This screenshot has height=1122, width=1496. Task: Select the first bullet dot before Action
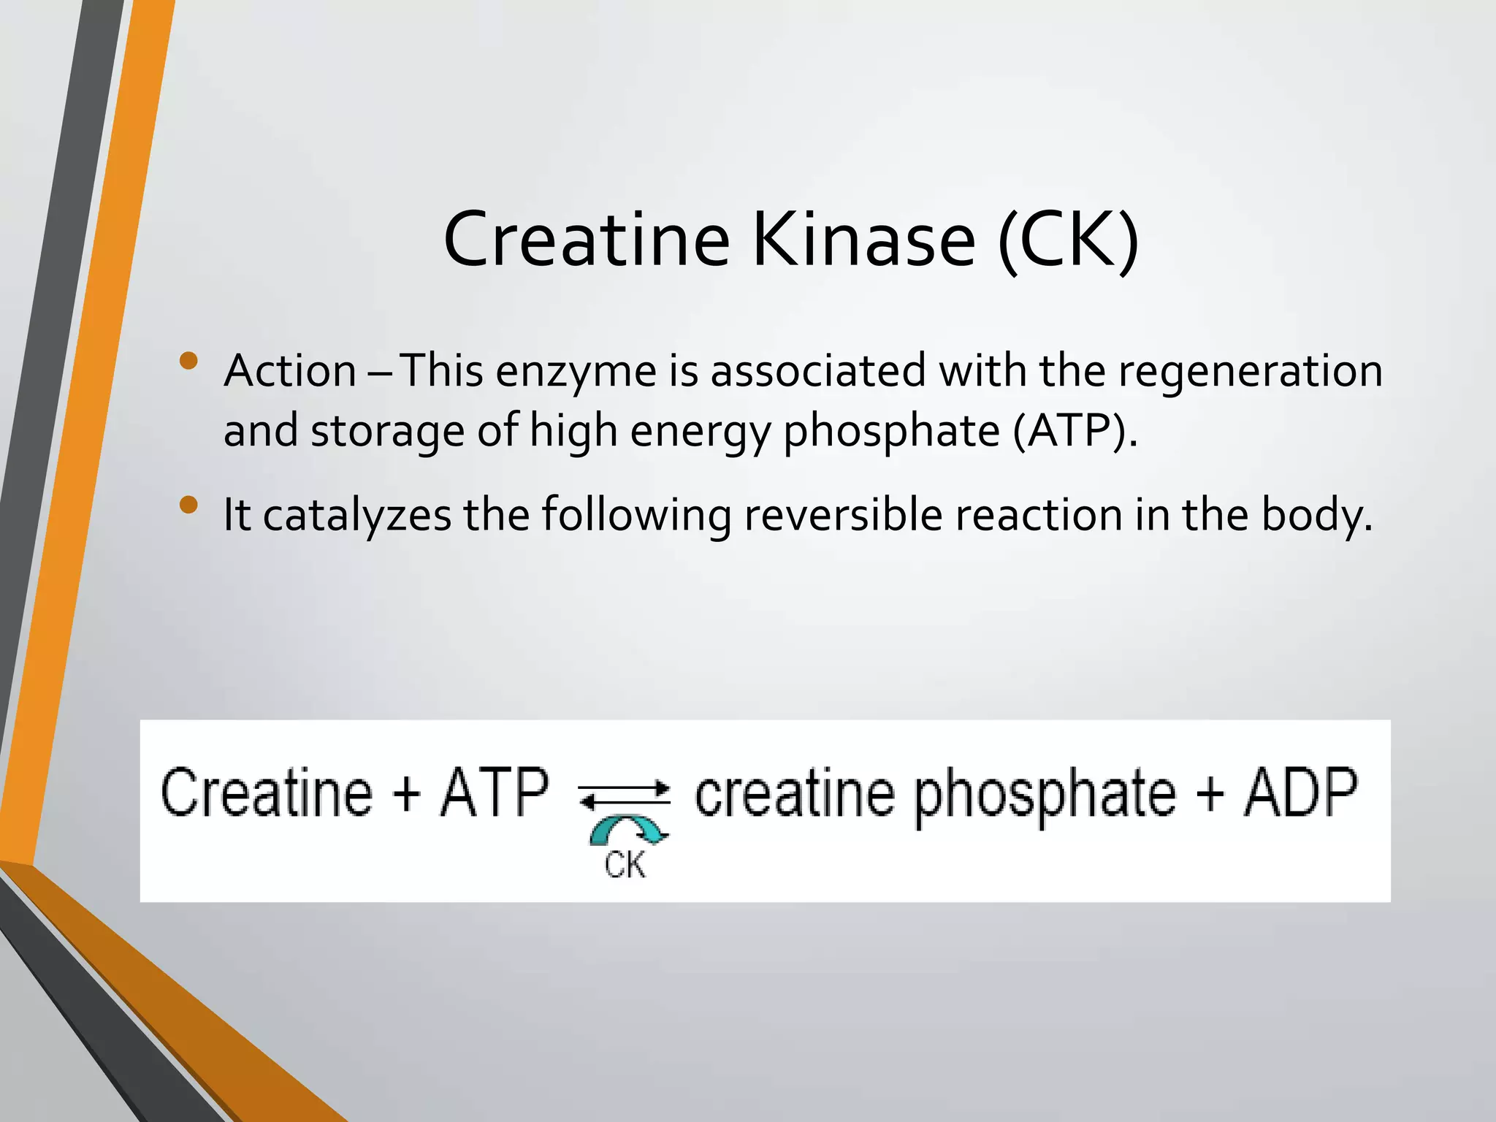[x=188, y=361]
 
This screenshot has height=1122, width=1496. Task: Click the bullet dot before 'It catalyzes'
[x=188, y=505]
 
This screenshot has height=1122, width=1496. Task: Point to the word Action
[x=290, y=370]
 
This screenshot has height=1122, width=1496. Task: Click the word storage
[x=387, y=430]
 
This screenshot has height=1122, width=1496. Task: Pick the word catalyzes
[x=357, y=515]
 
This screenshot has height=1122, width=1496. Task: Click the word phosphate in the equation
[x=1045, y=796]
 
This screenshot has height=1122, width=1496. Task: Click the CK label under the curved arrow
[x=625, y=865]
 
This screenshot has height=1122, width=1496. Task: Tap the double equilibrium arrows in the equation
[x=625, y=795]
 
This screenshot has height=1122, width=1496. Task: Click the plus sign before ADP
[x=1210, y=793]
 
